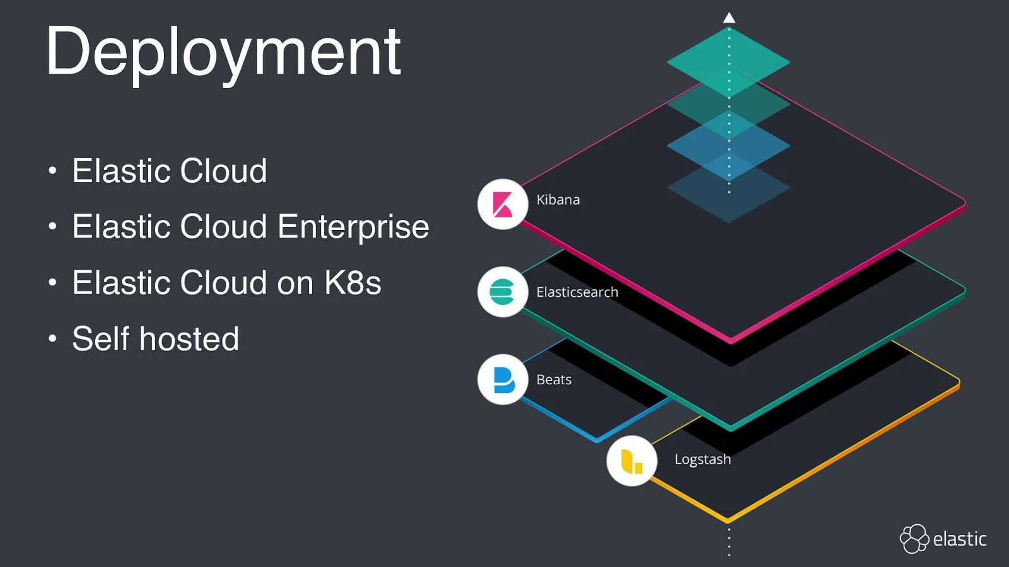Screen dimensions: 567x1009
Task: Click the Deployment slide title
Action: (223, 53)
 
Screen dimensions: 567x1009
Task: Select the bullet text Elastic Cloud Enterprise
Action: (250, 227)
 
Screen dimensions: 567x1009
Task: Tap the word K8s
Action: (353, 283)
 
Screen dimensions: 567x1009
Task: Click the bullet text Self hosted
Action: (155, 339)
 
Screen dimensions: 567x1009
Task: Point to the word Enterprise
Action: (353, 227)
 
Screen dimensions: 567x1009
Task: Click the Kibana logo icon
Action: (503, 204)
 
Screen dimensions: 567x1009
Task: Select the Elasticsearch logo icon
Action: (503, 292)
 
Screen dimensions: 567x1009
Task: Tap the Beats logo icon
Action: (503, 379)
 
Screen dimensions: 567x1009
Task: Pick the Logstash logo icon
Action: (632, 461)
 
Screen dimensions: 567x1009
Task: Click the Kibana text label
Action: (558, 200)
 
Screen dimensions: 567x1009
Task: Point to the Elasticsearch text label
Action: (577, 292)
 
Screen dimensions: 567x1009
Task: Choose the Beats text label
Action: (554, 380)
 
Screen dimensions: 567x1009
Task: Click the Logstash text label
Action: (703, 459)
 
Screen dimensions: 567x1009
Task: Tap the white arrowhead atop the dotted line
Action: (729, 18)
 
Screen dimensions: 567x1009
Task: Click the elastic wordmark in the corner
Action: (959, 539)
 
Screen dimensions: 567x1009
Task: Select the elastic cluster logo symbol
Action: (914, 539)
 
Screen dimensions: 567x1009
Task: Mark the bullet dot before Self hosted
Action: (52, 339)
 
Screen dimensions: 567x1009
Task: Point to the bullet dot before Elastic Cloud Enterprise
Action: (52, 227)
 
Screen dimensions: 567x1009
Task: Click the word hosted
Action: (189, 339)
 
